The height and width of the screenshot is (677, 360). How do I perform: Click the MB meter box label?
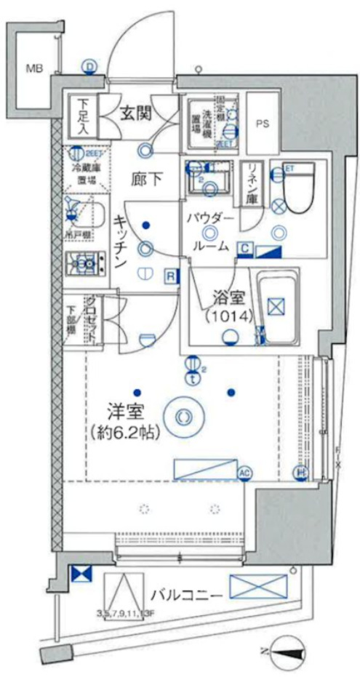point(34,69)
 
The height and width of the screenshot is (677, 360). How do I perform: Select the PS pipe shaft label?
point(262,124)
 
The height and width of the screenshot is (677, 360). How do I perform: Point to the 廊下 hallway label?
point(146,179)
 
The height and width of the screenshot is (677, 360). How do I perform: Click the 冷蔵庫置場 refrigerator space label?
point(86,172)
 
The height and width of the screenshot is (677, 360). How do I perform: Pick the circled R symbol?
point(169,276)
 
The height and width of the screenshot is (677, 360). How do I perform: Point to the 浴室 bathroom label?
point(227,297)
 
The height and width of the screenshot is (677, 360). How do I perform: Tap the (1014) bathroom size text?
point(227,316)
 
